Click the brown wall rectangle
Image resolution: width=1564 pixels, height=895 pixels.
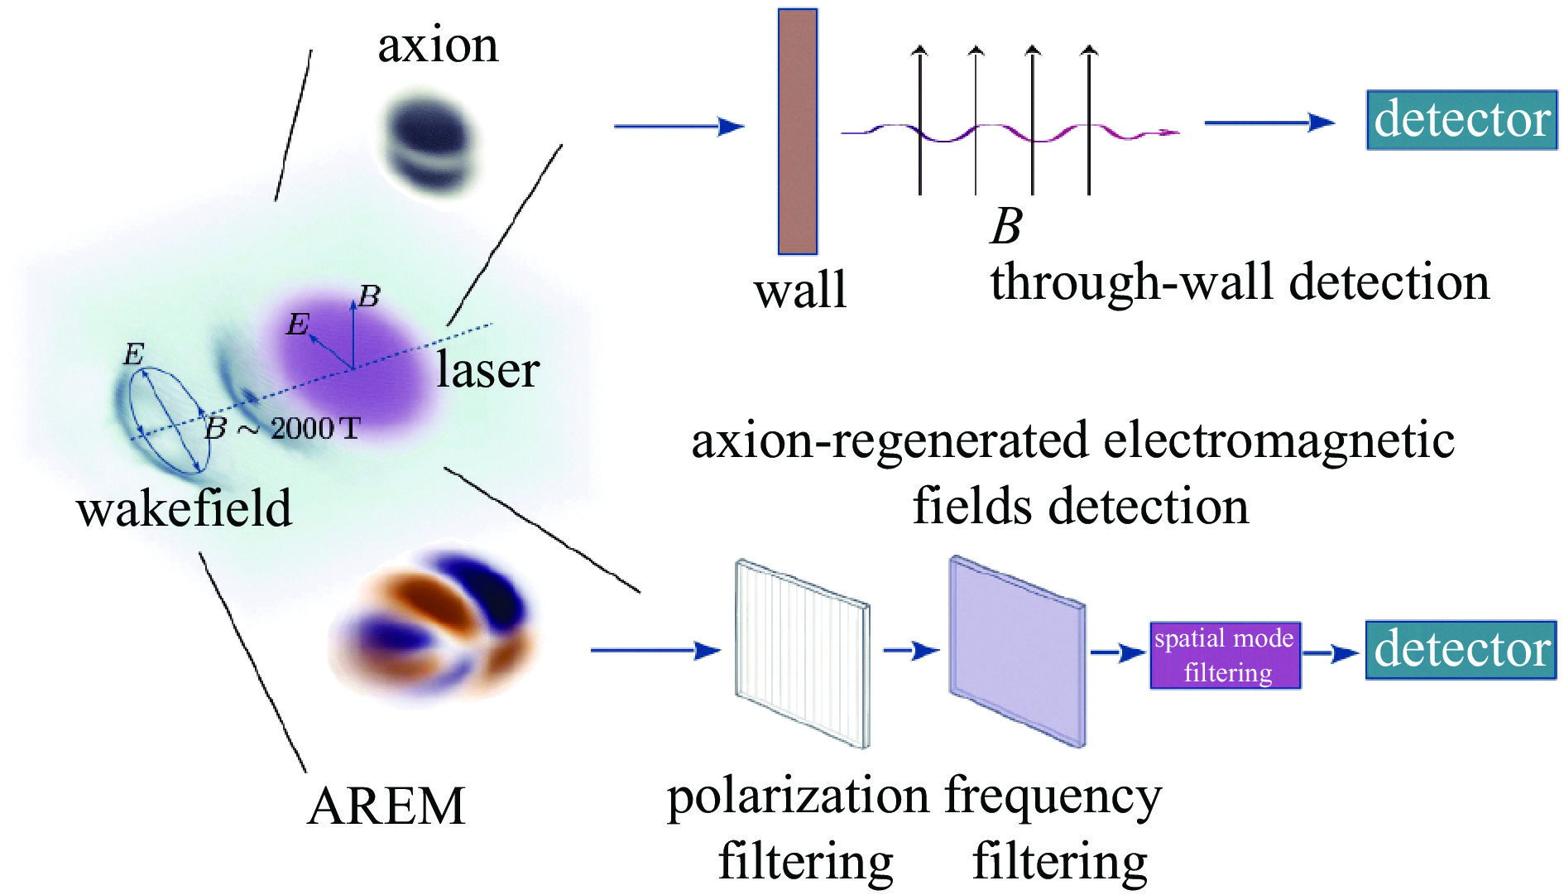pyautogui.click(x=797, y=132)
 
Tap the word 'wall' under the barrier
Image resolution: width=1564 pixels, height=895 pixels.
pyautogui.click(x=800, y=291)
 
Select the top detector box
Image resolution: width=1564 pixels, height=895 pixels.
pyautogui.click(x=1461, y=121)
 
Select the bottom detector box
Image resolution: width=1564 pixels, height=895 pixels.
pyautogui.click(x=1461, y=650)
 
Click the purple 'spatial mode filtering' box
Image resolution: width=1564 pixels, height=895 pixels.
pyautogui.click(x=1226, y=656)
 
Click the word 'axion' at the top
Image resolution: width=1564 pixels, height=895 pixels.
pyautogui.click(x=438, y=46)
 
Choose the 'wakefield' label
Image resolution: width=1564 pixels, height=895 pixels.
pyautogui.click(x=185, y=508)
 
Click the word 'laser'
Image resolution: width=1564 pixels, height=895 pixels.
pyautogui.click(x=487, y=369)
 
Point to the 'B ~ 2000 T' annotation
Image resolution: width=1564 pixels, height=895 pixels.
pyautogui.click(x=282, y=428)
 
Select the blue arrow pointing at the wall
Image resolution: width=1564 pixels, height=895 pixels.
pyautogui.click(x=679, y=127)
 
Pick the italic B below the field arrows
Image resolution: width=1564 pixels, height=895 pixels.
pyautogui.click(x=1005, y=224)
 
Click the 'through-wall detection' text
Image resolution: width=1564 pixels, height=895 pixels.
pyautogui.click(x=1240, y=282)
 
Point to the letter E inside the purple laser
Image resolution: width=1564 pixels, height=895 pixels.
pyautogui.click(x=297, y=325)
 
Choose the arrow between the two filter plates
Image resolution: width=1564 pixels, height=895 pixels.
pyautogui.click(x=910, y=651)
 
